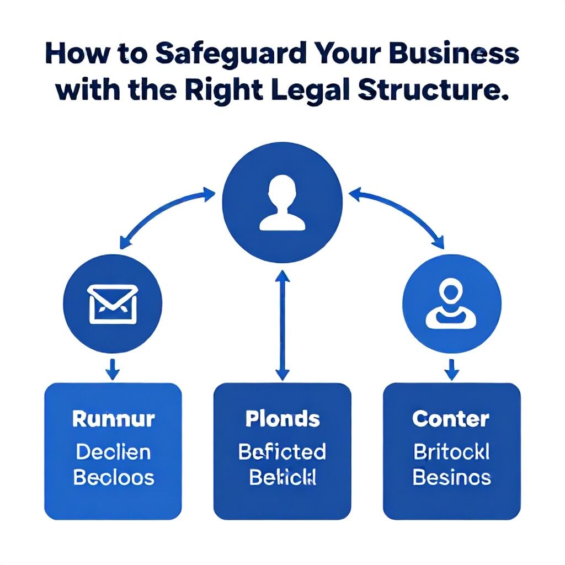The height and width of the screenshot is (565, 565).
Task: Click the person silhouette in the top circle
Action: click(282, 202)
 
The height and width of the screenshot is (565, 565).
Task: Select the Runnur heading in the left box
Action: click(113, 419)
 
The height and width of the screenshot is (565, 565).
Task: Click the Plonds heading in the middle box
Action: click(282, 419)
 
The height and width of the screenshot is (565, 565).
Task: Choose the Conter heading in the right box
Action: click(451, 419)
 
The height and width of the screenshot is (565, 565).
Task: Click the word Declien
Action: click(113, 452)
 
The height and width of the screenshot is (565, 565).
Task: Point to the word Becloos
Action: click(113, 478)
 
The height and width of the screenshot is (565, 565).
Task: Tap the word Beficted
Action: click(282, 452)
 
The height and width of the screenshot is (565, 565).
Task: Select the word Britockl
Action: click(451, 452)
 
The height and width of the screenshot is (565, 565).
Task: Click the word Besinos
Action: click(451, 478)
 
